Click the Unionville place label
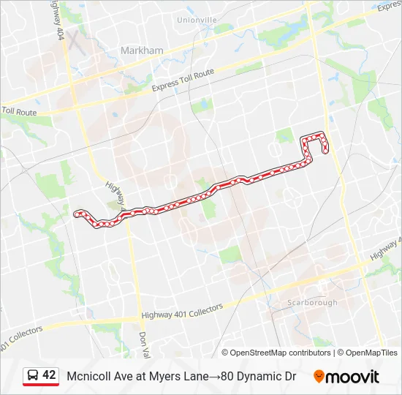[197, 20]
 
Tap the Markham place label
[143, 50]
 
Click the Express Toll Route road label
[183, 80]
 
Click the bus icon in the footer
[33, 375]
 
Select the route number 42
[49, 375]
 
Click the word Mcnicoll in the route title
[88, 377]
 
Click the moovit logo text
[352, 377]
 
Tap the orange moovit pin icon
[319, 377]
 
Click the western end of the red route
[76, 214]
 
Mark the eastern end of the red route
[325, 151]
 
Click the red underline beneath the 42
[41, 385]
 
